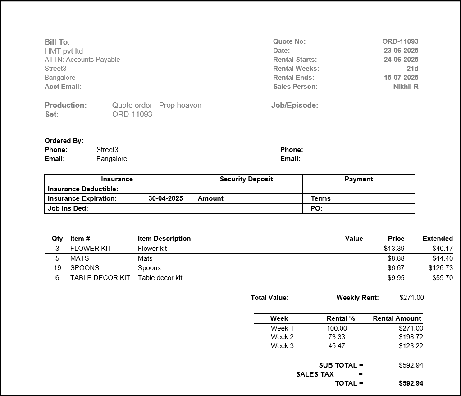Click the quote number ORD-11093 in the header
(x=400, y=41)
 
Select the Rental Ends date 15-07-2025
(x=401, y=78)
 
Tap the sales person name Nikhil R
(x=406, y=87)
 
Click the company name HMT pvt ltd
(x=64, y=51)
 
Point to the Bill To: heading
(x=57, y=42)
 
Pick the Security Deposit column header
(x=246, y=179)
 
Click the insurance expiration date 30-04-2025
(x=165, y=198)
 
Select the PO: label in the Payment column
(x=316, y=208)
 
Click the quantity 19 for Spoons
(x=57, y=268)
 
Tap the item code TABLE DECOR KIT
(x=100, y=278)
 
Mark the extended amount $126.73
(x=440, y=268)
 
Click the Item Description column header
(x=164, y=239)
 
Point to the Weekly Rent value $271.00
(x=411, y=298)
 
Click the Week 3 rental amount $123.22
(x=411, y=346)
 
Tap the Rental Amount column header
(x=397, y=318)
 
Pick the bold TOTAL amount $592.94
(x=411, y=383)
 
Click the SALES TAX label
(x=315, y=374)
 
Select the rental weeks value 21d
(x=412, y=69)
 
